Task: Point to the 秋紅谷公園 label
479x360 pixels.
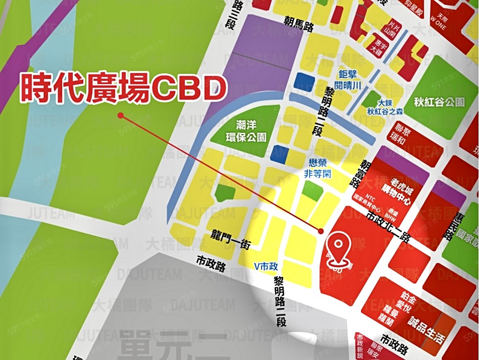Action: click(x=441, y=102)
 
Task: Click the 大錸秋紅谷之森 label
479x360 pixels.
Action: click(x=385, y=107)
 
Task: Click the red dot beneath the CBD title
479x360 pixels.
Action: click(x=121, y=115)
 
